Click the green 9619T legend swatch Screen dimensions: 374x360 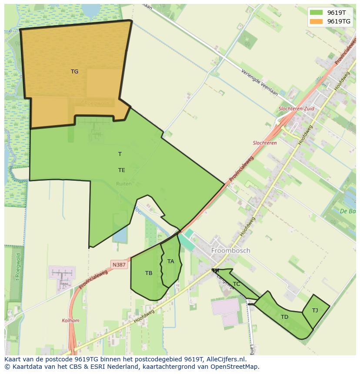tap(316, 13)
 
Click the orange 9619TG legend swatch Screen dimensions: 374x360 tap(316, 21)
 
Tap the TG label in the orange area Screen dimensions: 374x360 tap(75, 72)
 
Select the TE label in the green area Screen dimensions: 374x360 tap(122, 170)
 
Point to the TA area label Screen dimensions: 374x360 tap(170, 261)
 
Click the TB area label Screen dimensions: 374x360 tap(149, 273)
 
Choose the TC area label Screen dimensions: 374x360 tap(237, 284)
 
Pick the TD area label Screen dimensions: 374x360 tap(284, 317)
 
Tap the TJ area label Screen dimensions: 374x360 tap(315, 310)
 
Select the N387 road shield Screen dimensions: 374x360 tap(119, 265)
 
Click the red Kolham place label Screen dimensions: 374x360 tap(70, 321)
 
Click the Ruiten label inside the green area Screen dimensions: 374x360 tap(123, 184)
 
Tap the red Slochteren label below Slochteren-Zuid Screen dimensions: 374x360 tap(265, 143)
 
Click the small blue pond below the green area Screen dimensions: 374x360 tap(120, 235)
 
